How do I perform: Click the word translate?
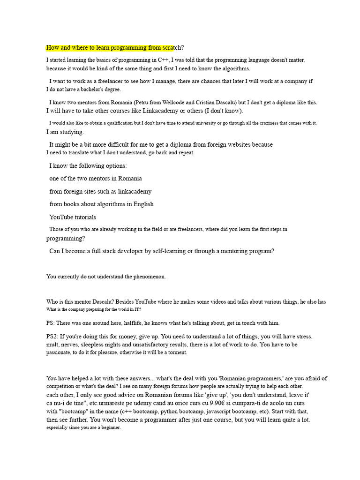tap(83, 152)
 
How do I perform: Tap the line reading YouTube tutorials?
tap(73, 217)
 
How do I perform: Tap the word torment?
tap(176, 352)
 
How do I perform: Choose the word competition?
tap(61, 386)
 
